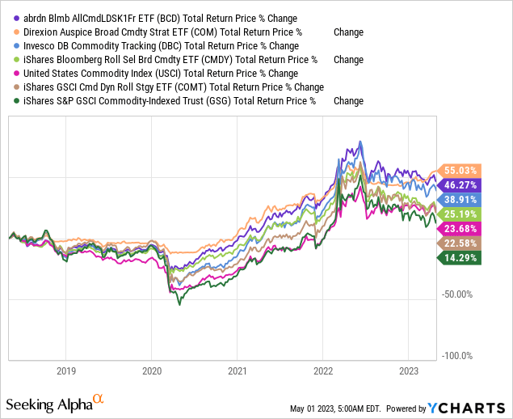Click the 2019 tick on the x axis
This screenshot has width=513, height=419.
tap(66, 372)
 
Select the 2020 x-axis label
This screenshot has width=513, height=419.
tap(152, 372)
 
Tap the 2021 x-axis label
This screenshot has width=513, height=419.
tap(237, 372)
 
